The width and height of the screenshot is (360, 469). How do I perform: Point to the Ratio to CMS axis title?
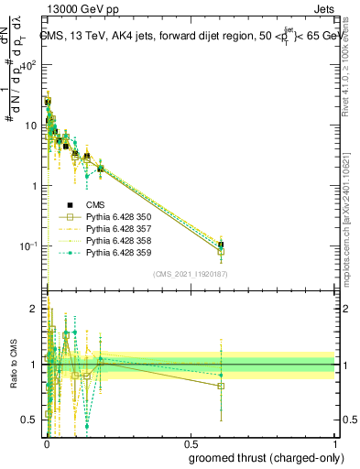coord(13,365)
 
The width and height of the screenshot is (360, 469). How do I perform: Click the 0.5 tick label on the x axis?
coord(190,443)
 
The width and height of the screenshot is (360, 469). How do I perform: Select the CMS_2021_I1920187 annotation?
coord(190,274)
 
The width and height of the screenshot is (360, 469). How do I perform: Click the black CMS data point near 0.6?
coord(221,245)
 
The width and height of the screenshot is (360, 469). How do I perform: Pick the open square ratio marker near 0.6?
coord(221,386)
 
